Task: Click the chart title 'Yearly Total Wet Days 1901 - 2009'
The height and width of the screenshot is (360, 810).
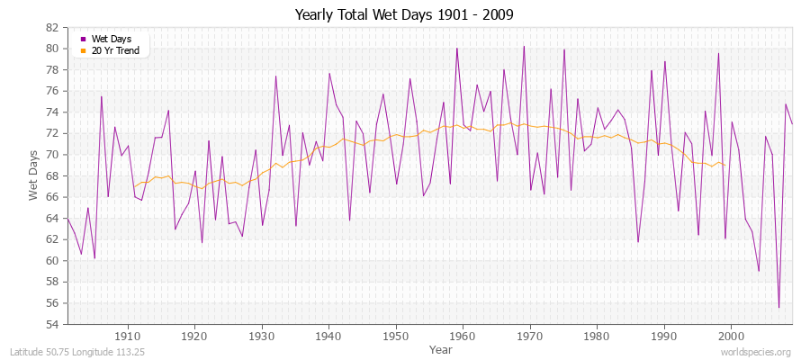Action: click(x=405, y=15)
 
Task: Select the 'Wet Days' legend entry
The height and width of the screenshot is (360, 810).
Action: click(x=110, y=40)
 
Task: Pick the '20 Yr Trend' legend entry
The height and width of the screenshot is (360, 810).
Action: click(x=115, y=50)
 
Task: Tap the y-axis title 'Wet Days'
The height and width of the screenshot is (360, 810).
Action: click(x=33, y=176)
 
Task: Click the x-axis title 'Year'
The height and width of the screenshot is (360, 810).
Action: click(x=441, y=348)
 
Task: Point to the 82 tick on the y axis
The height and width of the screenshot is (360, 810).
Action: click(x=52, y=27)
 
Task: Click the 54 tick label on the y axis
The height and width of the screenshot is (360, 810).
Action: click(x=52, y=324)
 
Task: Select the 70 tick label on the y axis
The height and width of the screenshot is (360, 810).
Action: click(x=52, y=154)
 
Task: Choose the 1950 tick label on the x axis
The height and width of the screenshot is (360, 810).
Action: click(x=395, y=336)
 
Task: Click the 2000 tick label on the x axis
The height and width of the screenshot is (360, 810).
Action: click(x=731, y=336)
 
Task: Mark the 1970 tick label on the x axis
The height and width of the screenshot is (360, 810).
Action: click(x=529, y=336)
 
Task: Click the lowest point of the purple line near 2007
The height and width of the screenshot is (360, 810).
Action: click(x=779, y=308)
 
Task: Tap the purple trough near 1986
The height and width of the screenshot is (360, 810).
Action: click(x=638, y=241)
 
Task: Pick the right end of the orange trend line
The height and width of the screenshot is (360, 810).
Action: click(x=724, y=165)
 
